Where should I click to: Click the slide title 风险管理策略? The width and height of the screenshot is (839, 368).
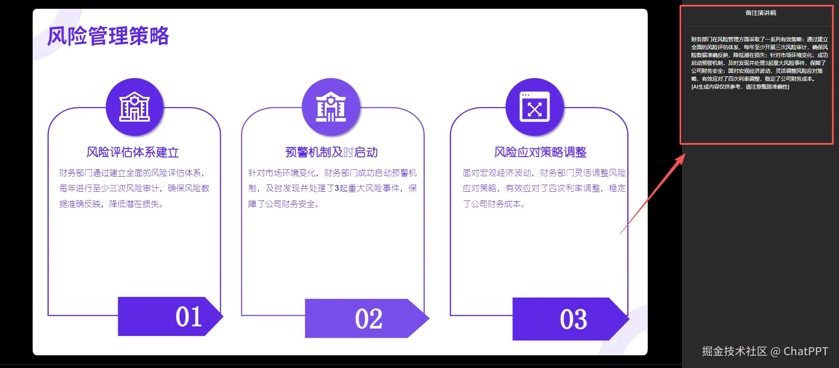click(108, 36)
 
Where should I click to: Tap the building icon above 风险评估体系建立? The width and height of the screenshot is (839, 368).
click(135, 107)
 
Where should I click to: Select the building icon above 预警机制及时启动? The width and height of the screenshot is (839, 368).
click(331, 107)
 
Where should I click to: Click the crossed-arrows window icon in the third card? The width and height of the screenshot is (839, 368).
click(534, 107)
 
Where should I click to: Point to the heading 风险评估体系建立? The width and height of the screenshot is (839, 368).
click(133, 152)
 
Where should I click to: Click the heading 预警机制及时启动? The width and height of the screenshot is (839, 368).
click(331, 152)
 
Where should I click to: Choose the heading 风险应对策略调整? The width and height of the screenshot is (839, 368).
click(540, 152)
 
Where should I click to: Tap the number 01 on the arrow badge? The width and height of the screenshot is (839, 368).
click(189, 317)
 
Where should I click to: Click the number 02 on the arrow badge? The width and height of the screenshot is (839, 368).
click(369, 319)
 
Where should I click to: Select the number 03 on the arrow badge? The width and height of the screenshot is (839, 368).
click(574, 319)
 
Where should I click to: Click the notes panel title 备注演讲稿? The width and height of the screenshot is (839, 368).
click(761, 13)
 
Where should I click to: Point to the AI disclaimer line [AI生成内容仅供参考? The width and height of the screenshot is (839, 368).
click(740, 87)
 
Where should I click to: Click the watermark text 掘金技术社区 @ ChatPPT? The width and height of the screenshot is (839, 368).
click(765, 351)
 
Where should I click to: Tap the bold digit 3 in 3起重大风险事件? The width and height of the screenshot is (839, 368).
click(337, 189)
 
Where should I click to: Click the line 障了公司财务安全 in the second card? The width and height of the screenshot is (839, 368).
click(283, 204)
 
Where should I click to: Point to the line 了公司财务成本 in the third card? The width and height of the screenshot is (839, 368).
click(494, 204)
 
